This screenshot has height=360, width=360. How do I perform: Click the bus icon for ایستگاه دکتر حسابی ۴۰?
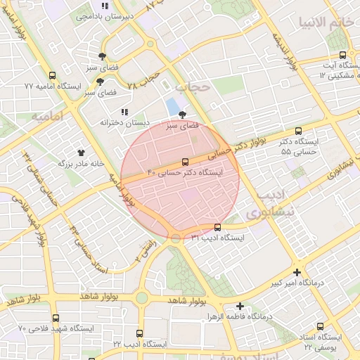click(185, 161)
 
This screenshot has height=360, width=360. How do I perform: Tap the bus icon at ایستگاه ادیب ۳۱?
click(217, 227)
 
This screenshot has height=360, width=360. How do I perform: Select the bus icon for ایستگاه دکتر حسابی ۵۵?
click(298, 131)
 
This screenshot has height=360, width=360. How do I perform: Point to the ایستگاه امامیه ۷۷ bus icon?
click(52, 76)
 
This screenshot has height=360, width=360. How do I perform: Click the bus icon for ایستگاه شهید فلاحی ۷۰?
click(56, 319)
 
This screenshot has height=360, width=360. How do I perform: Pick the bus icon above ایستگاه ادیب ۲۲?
click(139, 334)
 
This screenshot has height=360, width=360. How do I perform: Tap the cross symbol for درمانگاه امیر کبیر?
click(297, 272)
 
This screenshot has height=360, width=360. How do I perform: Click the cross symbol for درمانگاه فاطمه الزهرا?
click(240, 306)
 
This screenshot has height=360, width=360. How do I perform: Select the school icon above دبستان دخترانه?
click(124, 112)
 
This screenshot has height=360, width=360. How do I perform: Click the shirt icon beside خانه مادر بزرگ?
click(81, 152)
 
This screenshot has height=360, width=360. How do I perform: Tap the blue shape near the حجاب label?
click(172, 108)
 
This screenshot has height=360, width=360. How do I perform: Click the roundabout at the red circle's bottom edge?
click(175, 239)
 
